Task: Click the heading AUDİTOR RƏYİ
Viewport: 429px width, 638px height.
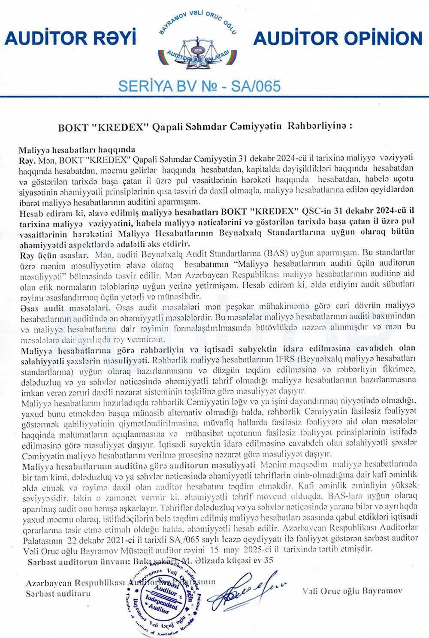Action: pyautogui.click(x=70, y=38)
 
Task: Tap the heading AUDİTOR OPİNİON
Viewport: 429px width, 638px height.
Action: pyautogui.click(x=338, y=38)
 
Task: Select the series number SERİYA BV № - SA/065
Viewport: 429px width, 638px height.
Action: pyautogui.click(x=199, y=86)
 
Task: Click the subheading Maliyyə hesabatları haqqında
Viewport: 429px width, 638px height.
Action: pyautogui.click(x=77, y=150)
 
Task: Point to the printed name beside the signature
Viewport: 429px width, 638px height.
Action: pyautogui.click(x=352, y=591)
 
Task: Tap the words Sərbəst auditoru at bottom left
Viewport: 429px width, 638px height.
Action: pyautogui.click(x=58, y=594)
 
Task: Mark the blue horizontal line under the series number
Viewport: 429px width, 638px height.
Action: pyautogui.click(x=214, y=97)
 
